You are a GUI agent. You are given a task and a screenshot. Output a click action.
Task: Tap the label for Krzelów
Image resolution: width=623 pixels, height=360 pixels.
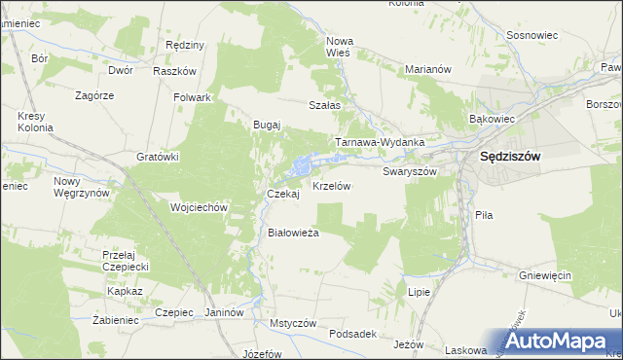[x=331, y=184]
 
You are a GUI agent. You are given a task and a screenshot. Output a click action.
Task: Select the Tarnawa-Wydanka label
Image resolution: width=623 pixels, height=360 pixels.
[x=381, y=142]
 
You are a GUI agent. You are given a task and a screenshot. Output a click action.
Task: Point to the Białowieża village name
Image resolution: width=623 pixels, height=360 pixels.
[x=293, y=233]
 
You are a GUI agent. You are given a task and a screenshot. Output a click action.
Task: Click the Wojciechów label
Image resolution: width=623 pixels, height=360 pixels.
[x=199, y=207]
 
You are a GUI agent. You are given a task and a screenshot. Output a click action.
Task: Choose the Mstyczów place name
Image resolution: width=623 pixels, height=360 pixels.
[x=294, y=322]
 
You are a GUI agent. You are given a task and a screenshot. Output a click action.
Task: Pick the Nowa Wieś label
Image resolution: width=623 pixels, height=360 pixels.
[x=340, y=48]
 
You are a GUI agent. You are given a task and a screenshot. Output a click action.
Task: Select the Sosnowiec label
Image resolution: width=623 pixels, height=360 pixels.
[x=531, y=35]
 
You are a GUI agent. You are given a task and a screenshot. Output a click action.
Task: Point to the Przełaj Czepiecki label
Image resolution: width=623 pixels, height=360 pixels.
[x=124, y=259]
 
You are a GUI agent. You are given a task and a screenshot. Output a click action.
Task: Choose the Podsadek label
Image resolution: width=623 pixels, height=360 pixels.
[x=352, y=333]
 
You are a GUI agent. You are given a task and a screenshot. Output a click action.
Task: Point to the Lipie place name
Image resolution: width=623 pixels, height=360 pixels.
[x=420, y=292]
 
